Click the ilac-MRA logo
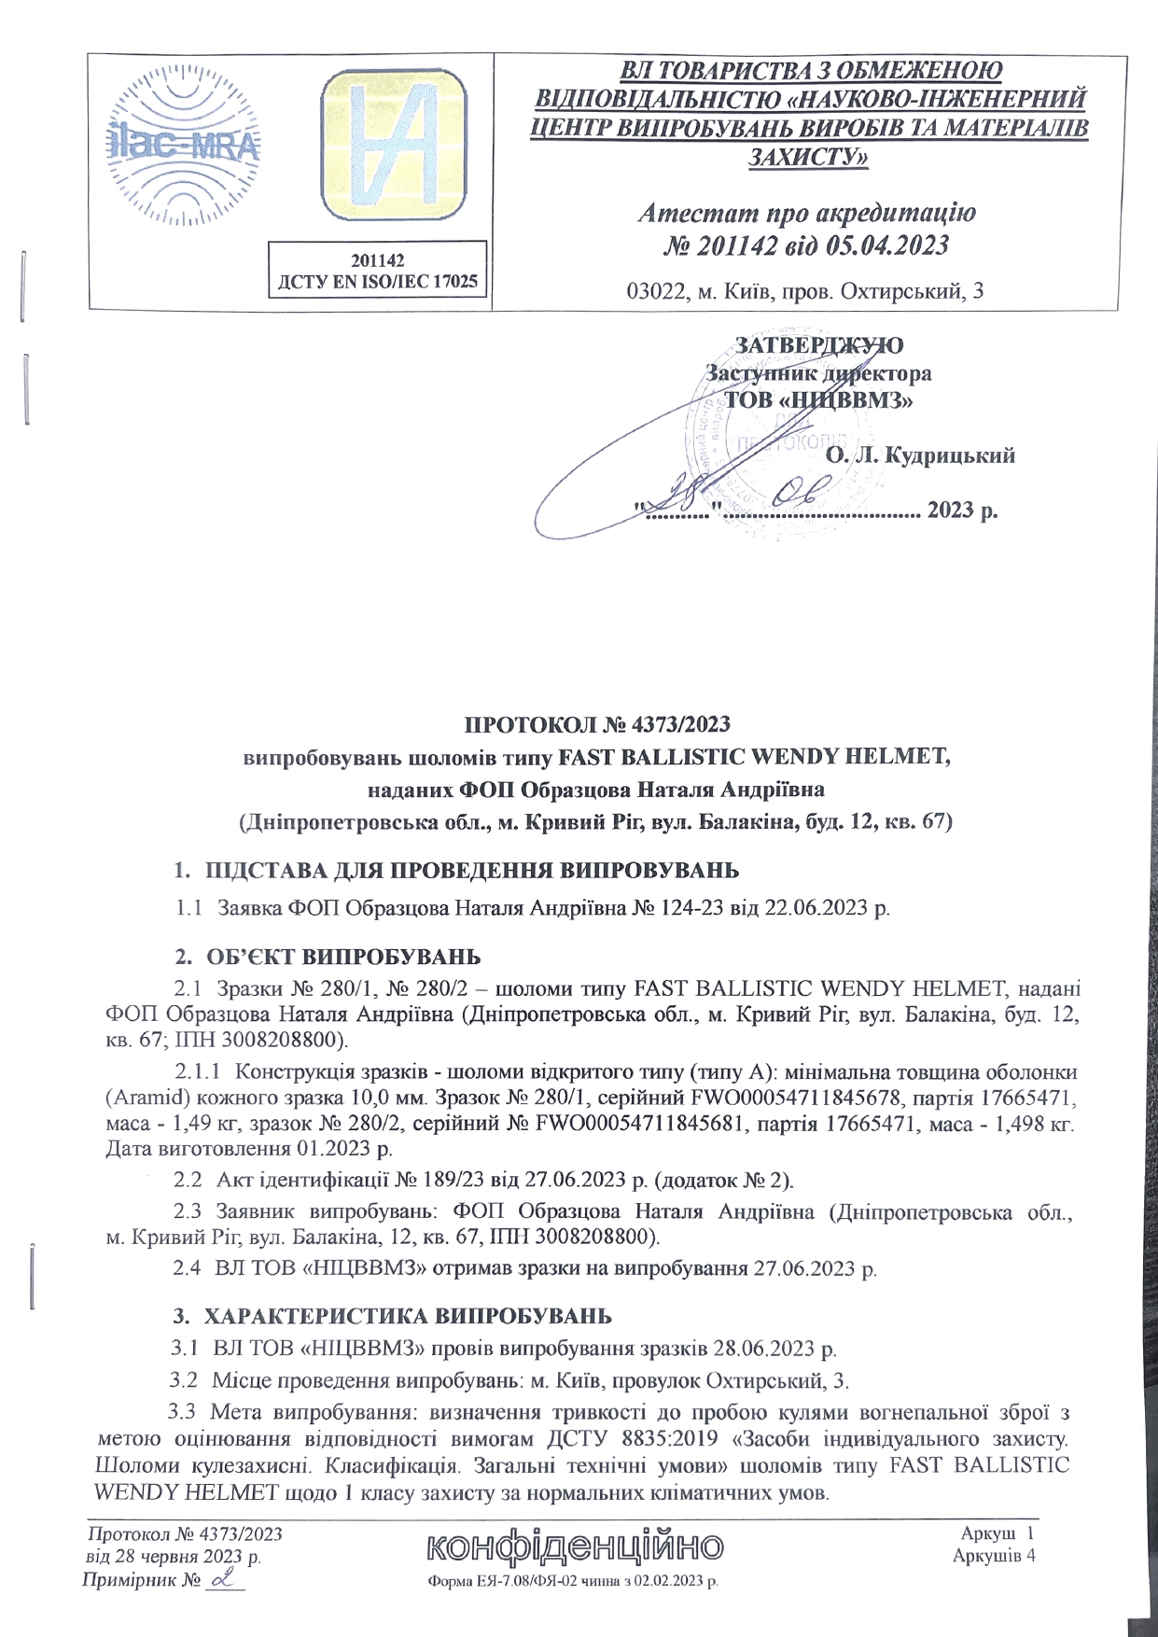[183, 149]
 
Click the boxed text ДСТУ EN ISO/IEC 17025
[378, 281]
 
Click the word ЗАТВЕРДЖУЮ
[819, 344]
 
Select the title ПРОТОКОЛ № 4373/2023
[597, 724]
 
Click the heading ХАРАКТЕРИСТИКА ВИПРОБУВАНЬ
[408, 1317]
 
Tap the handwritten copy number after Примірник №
[223, 1578]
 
